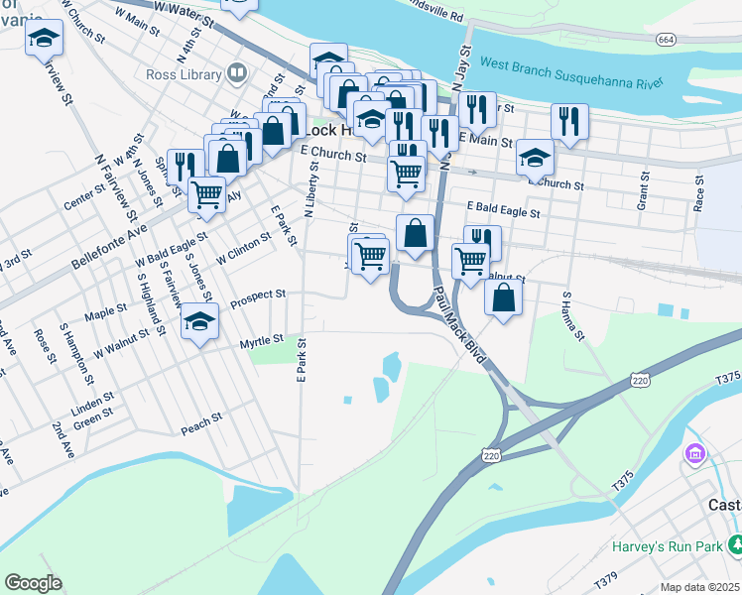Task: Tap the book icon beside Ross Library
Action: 237,72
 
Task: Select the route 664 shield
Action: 667,39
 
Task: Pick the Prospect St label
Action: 258,296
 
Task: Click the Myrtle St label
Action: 262,342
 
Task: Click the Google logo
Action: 34,583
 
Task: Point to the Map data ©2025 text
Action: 699,587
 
